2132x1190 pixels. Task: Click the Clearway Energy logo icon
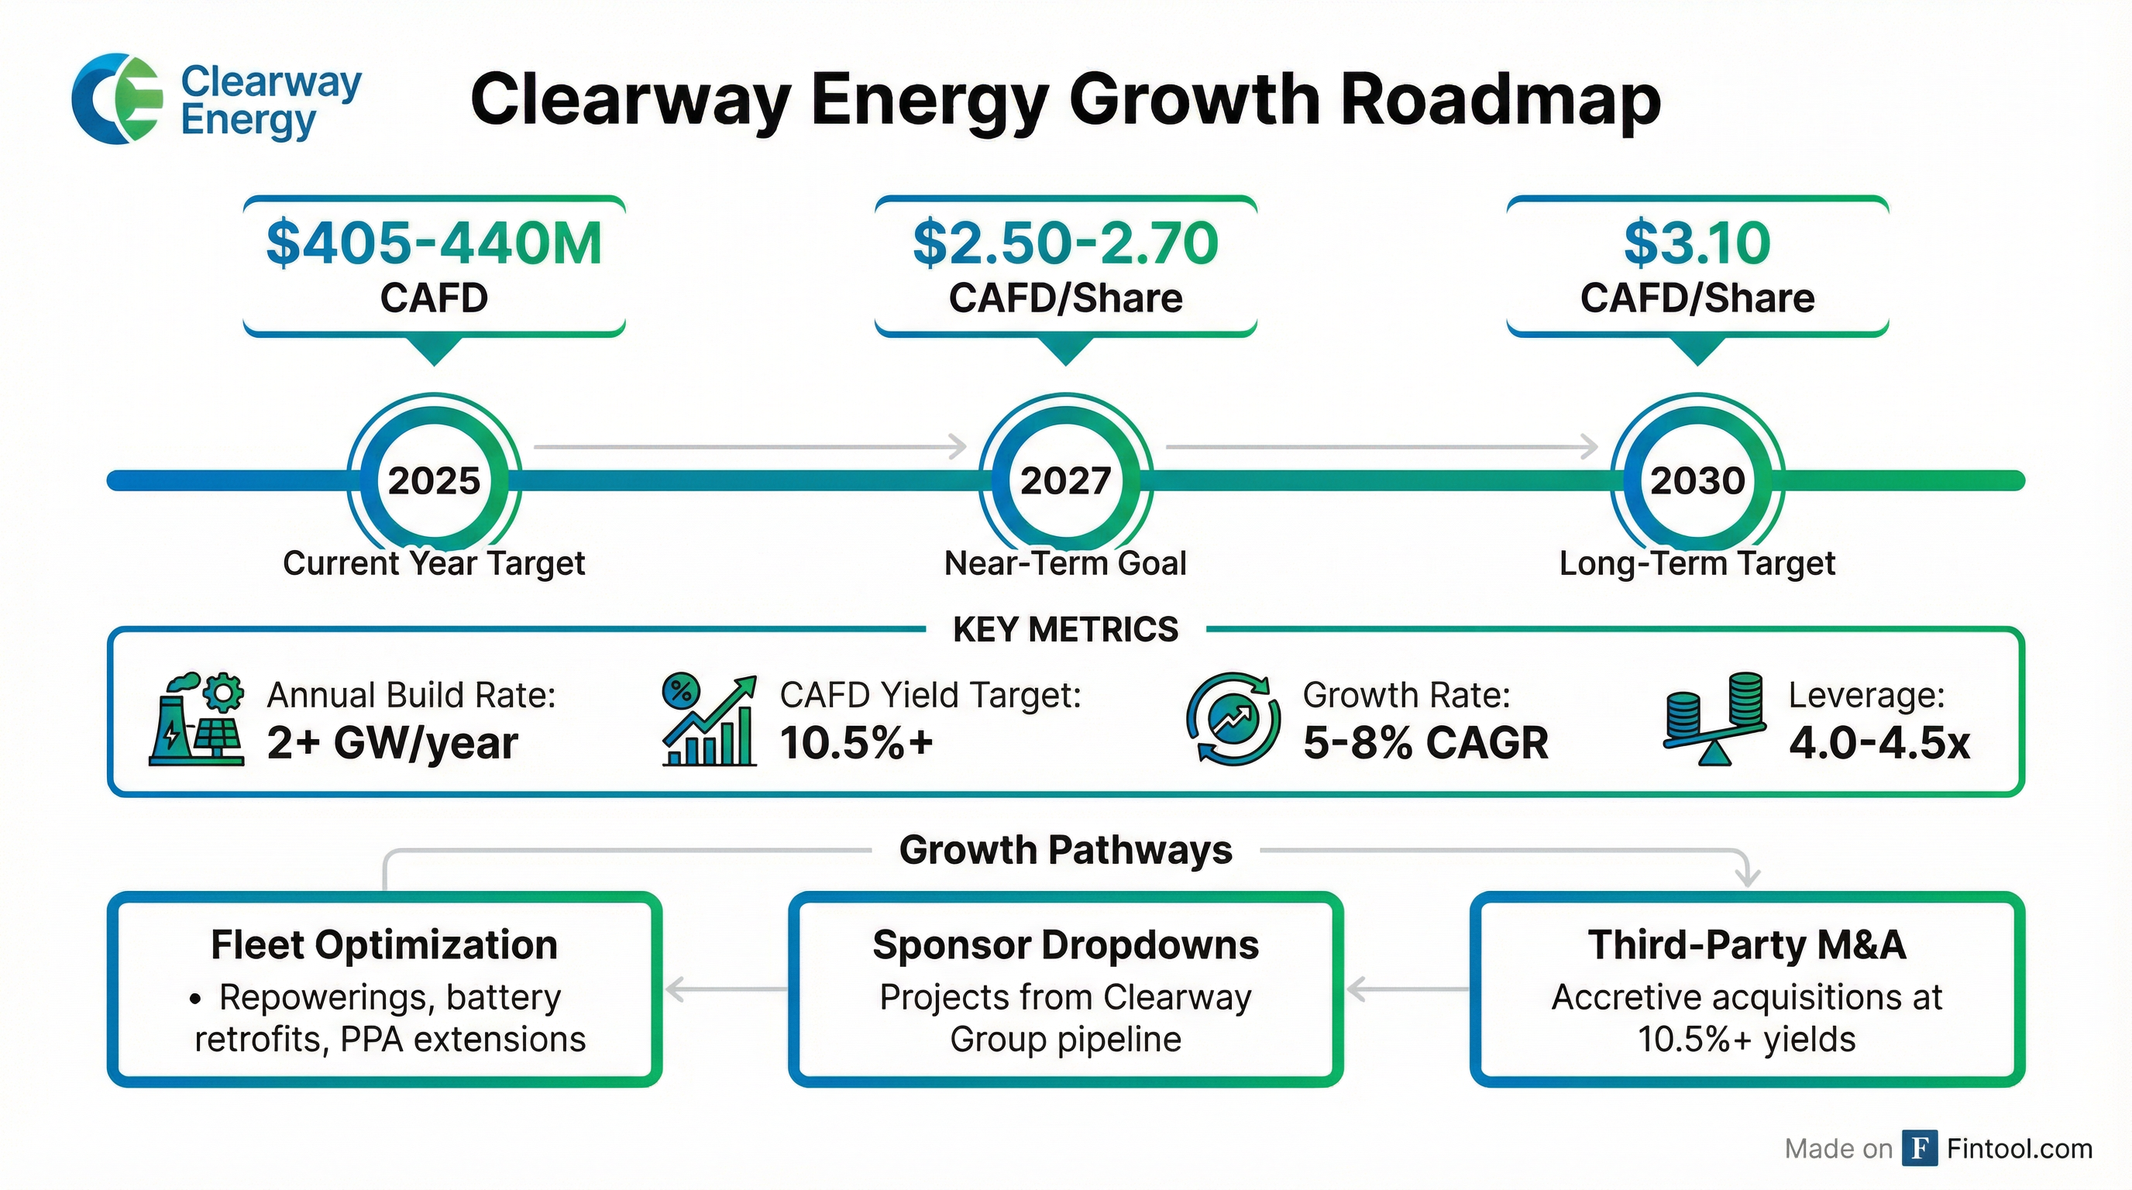pyautogui.click(x=117, y=98)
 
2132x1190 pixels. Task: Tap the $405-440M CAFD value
pyautogui.click(x=434, y=242)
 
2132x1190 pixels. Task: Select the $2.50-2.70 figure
pyautogui.click(x=1065, y=242)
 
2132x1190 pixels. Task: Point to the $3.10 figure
pyautogui.click(x=1697, y=242)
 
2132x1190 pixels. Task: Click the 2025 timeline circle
pyautogui.click(x=434, y=480)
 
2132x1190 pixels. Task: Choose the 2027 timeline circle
pyautogui.click(x=1065, y=480)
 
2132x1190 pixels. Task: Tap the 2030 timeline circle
pyautogui.click(x=1697, y=480)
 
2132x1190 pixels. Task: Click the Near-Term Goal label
pyautogui.click(x=1065, y=563)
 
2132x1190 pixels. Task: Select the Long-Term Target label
pyautogui.click(x=1697, y=563)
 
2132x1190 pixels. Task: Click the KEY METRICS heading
pyautogui.click(x=1065, y=630)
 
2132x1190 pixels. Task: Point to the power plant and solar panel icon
pyautogui.click(x=197, y=719)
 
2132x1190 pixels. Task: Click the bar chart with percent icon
pyautogui.click(x=710, y=719)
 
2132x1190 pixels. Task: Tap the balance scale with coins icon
pyautogui.click(x=1714, y=719)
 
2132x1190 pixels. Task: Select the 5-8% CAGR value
pyautogui.click(x=1425, y=742)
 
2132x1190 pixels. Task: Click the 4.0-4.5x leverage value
pyautogui.click(x=1879, y=742)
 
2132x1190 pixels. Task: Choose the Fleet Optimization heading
pyautogui.click(x=384, y=945)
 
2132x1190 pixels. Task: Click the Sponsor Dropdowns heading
pyautogui.click(x=1065, y=945)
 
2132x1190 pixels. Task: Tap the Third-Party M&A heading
pyautogui.click(x=1746, y=945)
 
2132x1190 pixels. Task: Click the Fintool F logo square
pyautogui.click(x=1919, y=1148)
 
